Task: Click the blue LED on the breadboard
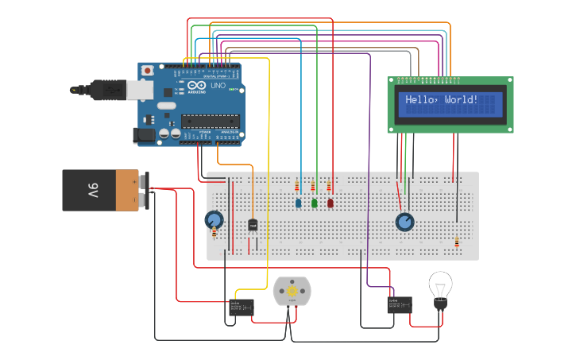coord(299,203)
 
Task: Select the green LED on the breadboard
coord(315,203)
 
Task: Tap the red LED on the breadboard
coord(331,203)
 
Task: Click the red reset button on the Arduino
coord(147,71)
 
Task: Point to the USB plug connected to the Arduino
coord(107,90)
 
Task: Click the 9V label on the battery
coord(92,191)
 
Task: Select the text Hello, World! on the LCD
coord(442,100)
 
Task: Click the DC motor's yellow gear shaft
coord(292,292)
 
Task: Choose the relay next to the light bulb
coord(399,304)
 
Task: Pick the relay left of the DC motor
coord(242,307)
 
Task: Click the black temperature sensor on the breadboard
coord(253,225)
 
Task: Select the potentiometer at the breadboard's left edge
coord(213,220)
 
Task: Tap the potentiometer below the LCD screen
coord(405,222)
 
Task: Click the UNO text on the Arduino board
coord(217,85)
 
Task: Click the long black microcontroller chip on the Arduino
coord(210,121)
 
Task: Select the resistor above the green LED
coord(313,187)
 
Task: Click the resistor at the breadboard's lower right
coord(457,242)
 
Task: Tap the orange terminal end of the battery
coord(129,191)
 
